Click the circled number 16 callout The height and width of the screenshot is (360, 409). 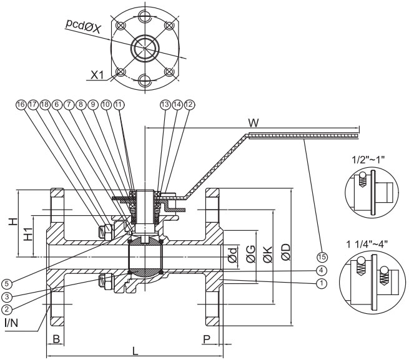[x=21, y=105]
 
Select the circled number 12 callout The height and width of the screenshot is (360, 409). [x=189, y=105]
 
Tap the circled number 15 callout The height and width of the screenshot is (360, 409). [x=322, y=257]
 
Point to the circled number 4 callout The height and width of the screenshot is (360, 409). [x=321, y=270]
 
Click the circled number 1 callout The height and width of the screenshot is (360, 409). [x=322, y=283]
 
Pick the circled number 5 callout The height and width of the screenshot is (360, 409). [x=6, y=284]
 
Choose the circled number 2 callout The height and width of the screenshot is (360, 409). [x=6, y=309]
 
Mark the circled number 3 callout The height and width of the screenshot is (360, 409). [x=6, y=296]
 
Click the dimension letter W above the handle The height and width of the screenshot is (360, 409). [x=254, y=123]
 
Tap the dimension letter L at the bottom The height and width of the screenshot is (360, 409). [x=135, y=351]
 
